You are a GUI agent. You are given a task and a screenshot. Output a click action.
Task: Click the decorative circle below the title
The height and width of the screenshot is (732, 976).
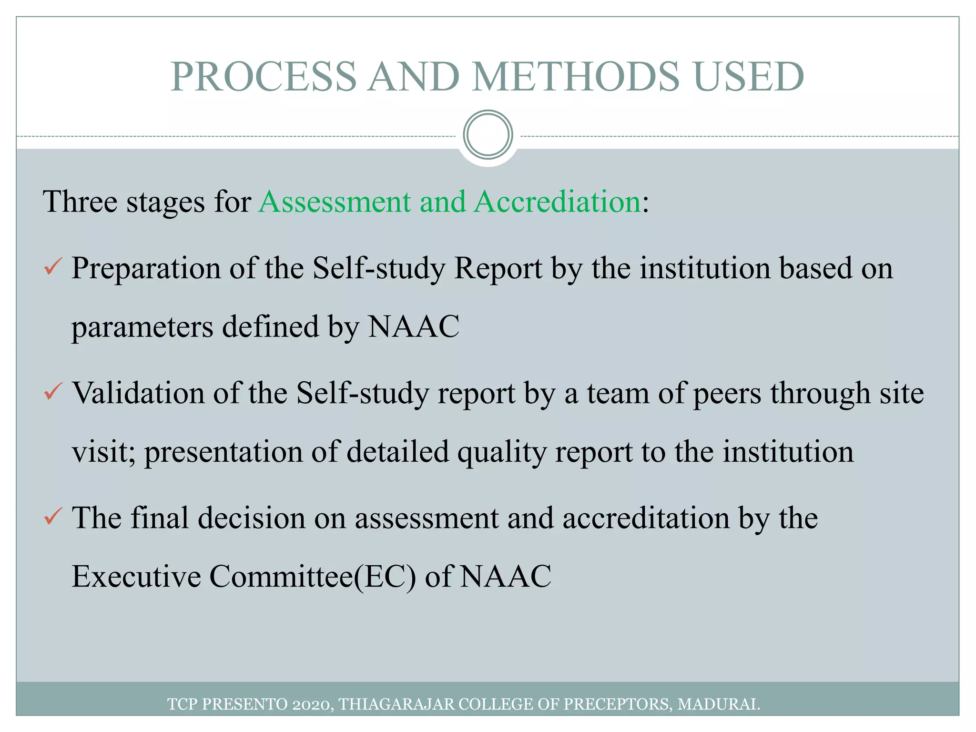coord(488,134)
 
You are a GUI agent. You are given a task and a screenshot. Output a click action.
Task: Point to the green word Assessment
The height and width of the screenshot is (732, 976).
coord(335,202)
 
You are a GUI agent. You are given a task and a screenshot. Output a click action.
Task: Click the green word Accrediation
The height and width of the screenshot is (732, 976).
coord(558,202)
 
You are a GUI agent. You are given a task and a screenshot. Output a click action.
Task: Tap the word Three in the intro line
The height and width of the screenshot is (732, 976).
coord(80,202)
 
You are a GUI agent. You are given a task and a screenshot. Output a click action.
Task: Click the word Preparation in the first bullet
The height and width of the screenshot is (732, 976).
coord(146,268)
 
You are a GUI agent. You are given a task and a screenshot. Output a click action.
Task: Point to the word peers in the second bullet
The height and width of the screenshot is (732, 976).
coord(727,394)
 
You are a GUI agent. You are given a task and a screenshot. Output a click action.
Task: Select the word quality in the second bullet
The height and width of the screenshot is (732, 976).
coord(502,452)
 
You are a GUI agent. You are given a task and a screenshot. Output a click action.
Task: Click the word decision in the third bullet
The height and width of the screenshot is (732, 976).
coord(251,518)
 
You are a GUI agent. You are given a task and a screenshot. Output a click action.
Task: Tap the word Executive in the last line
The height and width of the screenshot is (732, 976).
coord(136,577)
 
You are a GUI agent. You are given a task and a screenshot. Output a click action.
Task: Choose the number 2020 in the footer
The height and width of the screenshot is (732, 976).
coord(310,704)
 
